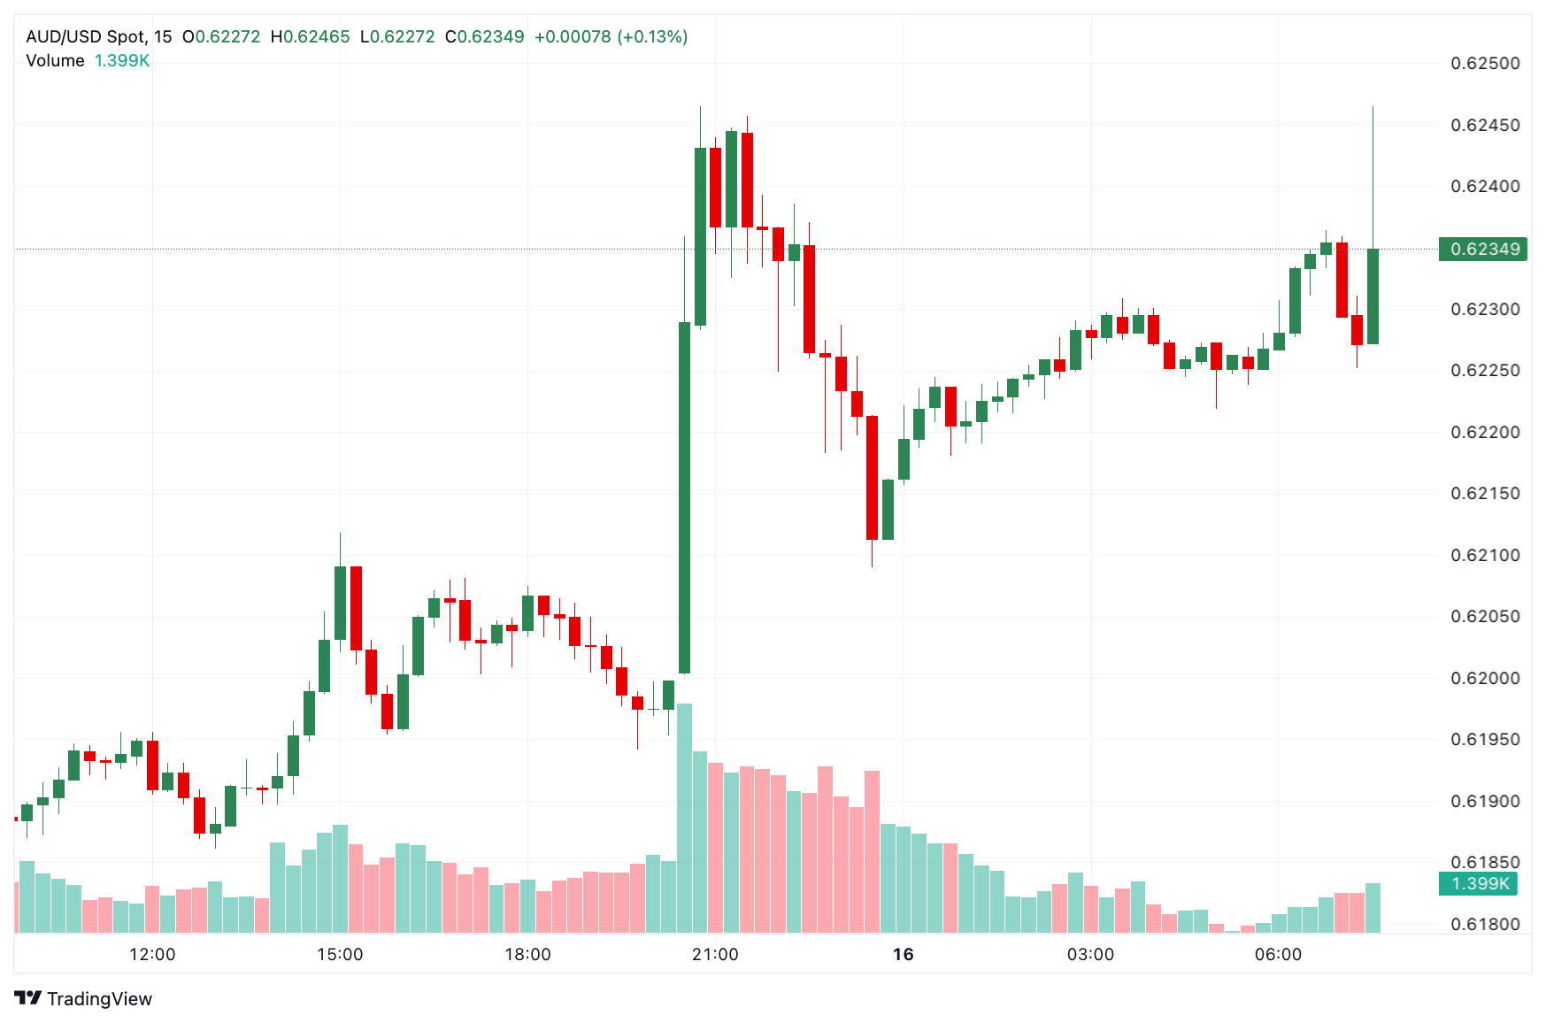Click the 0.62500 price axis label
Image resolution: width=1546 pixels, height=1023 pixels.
1485,64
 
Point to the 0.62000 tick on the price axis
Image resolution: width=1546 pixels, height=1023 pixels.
1485,678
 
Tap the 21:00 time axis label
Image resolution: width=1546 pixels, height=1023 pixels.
715,954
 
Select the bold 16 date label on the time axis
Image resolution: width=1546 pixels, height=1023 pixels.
903,954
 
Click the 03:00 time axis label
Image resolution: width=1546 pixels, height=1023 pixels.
1090,954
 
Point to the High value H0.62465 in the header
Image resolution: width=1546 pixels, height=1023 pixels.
310,37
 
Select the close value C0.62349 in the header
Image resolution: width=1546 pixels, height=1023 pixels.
484,37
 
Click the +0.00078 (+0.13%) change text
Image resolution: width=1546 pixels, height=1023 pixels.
611,37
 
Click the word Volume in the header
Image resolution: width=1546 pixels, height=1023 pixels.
55,61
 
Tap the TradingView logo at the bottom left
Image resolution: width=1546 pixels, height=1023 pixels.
84,998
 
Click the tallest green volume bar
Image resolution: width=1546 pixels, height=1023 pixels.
684,819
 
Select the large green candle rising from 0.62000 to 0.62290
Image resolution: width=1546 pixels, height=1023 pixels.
684,497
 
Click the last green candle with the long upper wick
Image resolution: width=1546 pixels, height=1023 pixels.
1373,296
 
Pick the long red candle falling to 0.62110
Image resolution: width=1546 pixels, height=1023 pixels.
872,478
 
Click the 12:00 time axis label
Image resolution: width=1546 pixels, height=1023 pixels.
152,954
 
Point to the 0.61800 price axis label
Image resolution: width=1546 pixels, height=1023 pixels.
1485,925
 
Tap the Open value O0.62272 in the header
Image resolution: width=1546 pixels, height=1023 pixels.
221,37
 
